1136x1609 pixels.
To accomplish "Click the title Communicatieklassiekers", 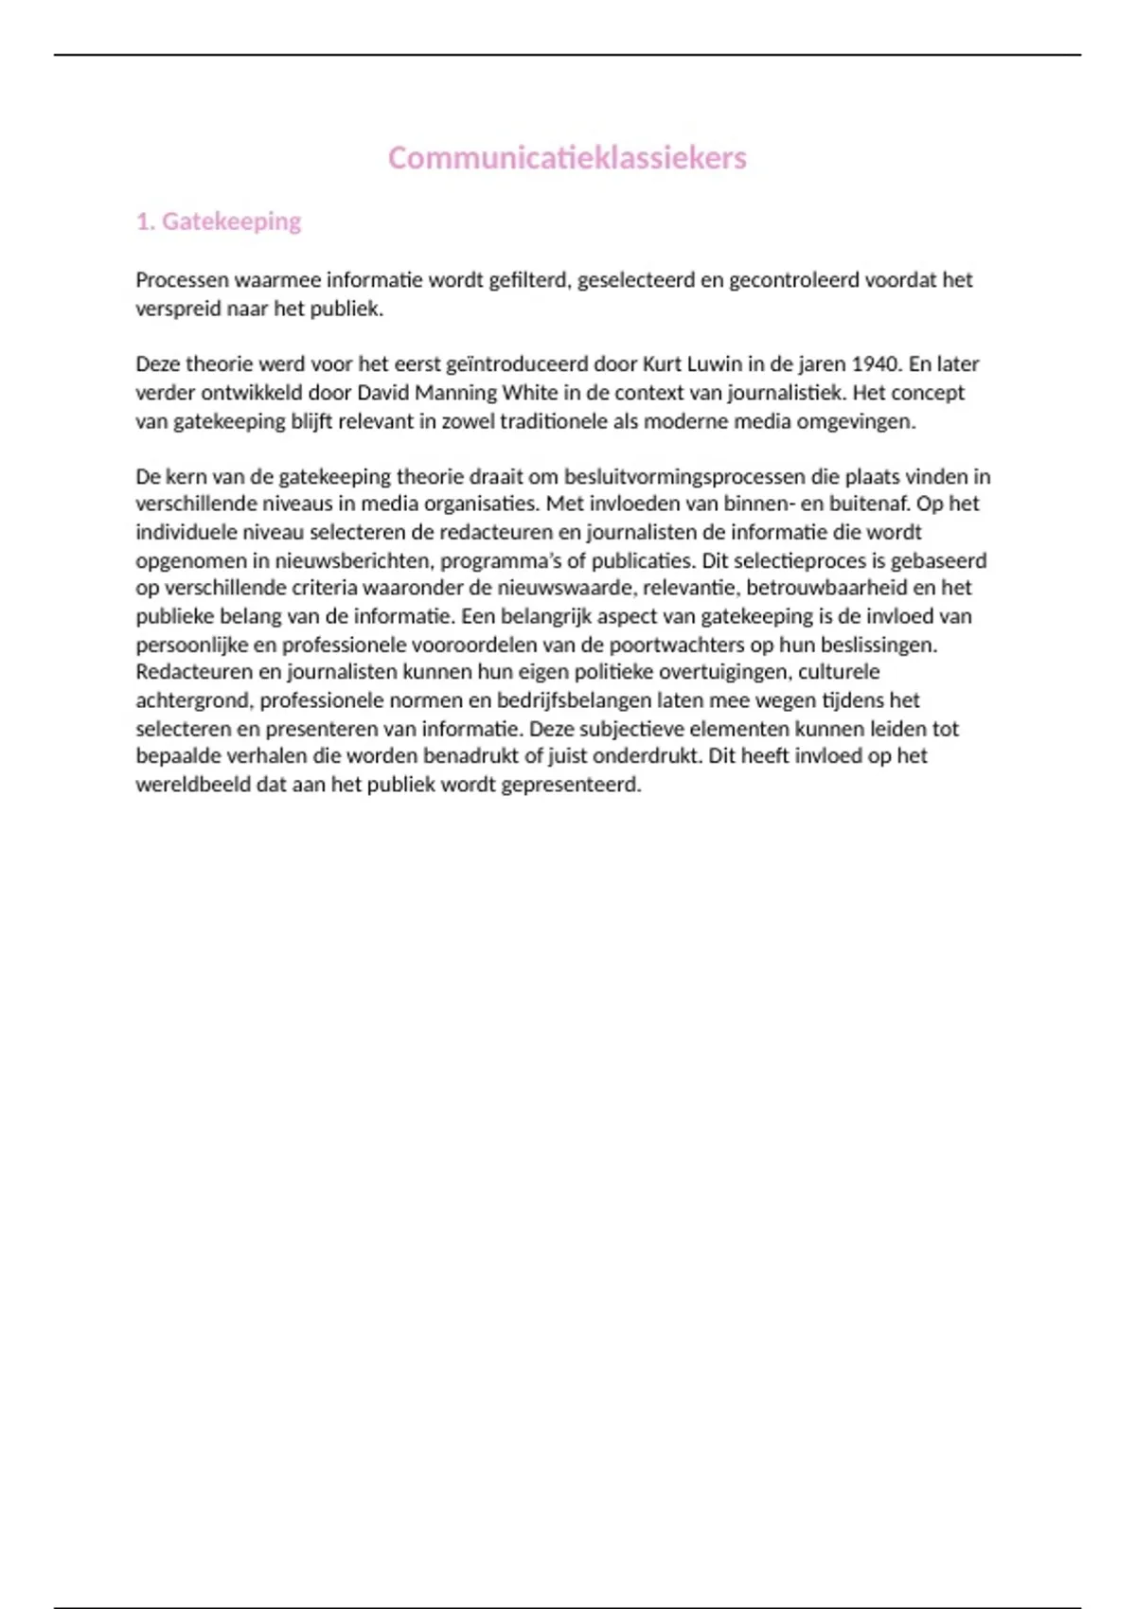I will (567, 158).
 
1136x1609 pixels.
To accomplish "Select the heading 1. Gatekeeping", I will (219, 221).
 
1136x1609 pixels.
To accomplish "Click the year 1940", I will (875, 364).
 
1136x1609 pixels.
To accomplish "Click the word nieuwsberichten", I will (352, 560).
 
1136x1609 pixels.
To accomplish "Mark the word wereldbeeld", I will (192, 785).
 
